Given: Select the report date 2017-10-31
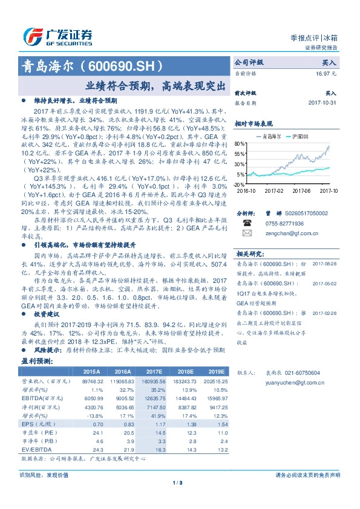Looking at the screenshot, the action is [x=321, y=103].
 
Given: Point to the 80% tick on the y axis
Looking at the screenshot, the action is [x=240, y=144].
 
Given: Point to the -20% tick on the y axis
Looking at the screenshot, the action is [x=240, y=184].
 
